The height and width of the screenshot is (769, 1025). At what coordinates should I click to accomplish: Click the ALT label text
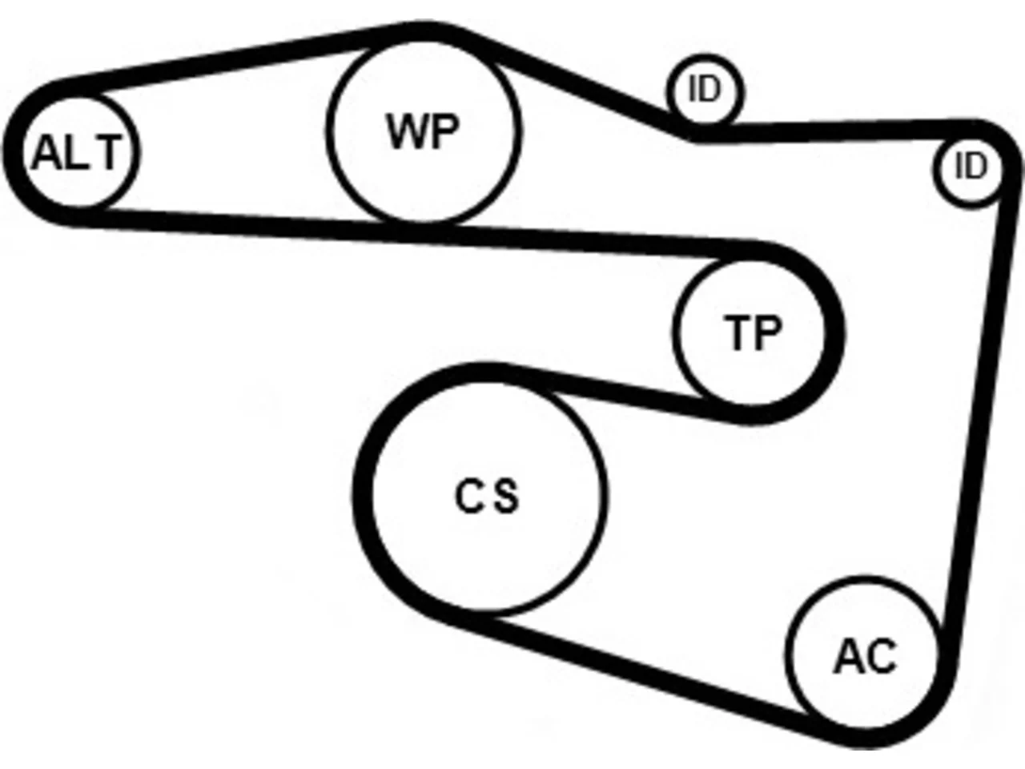pos(78,152)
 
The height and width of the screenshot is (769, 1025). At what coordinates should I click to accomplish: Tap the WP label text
pos(423,131)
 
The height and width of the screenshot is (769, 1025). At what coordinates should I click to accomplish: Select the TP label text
pos(752,332)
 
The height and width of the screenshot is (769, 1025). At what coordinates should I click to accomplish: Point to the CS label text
pos(487,495)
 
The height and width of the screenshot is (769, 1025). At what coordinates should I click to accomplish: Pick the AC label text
pos(866,656)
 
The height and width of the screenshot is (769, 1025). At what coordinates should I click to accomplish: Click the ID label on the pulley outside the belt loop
pos(705,89)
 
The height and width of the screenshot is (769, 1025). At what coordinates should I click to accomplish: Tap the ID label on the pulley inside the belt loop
pos(972,167)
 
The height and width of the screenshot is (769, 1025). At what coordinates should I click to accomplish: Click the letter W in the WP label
pos(405,131)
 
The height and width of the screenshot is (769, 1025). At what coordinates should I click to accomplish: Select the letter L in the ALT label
pos(70,152)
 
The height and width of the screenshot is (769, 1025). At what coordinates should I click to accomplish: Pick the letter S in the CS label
pos(506,495)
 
